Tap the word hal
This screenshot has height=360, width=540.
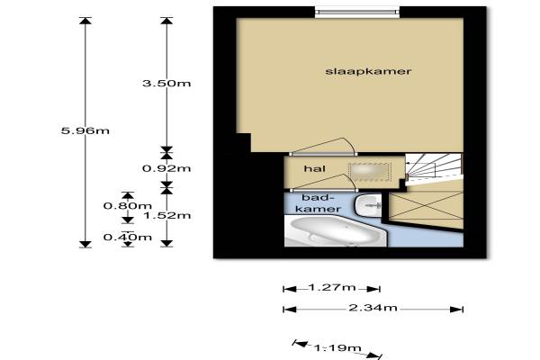tap(313, 168)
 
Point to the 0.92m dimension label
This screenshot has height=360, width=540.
tap(166, 167)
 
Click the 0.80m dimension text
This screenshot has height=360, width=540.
tap(120, 205)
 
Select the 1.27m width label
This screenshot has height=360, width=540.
tap(331, 288)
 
